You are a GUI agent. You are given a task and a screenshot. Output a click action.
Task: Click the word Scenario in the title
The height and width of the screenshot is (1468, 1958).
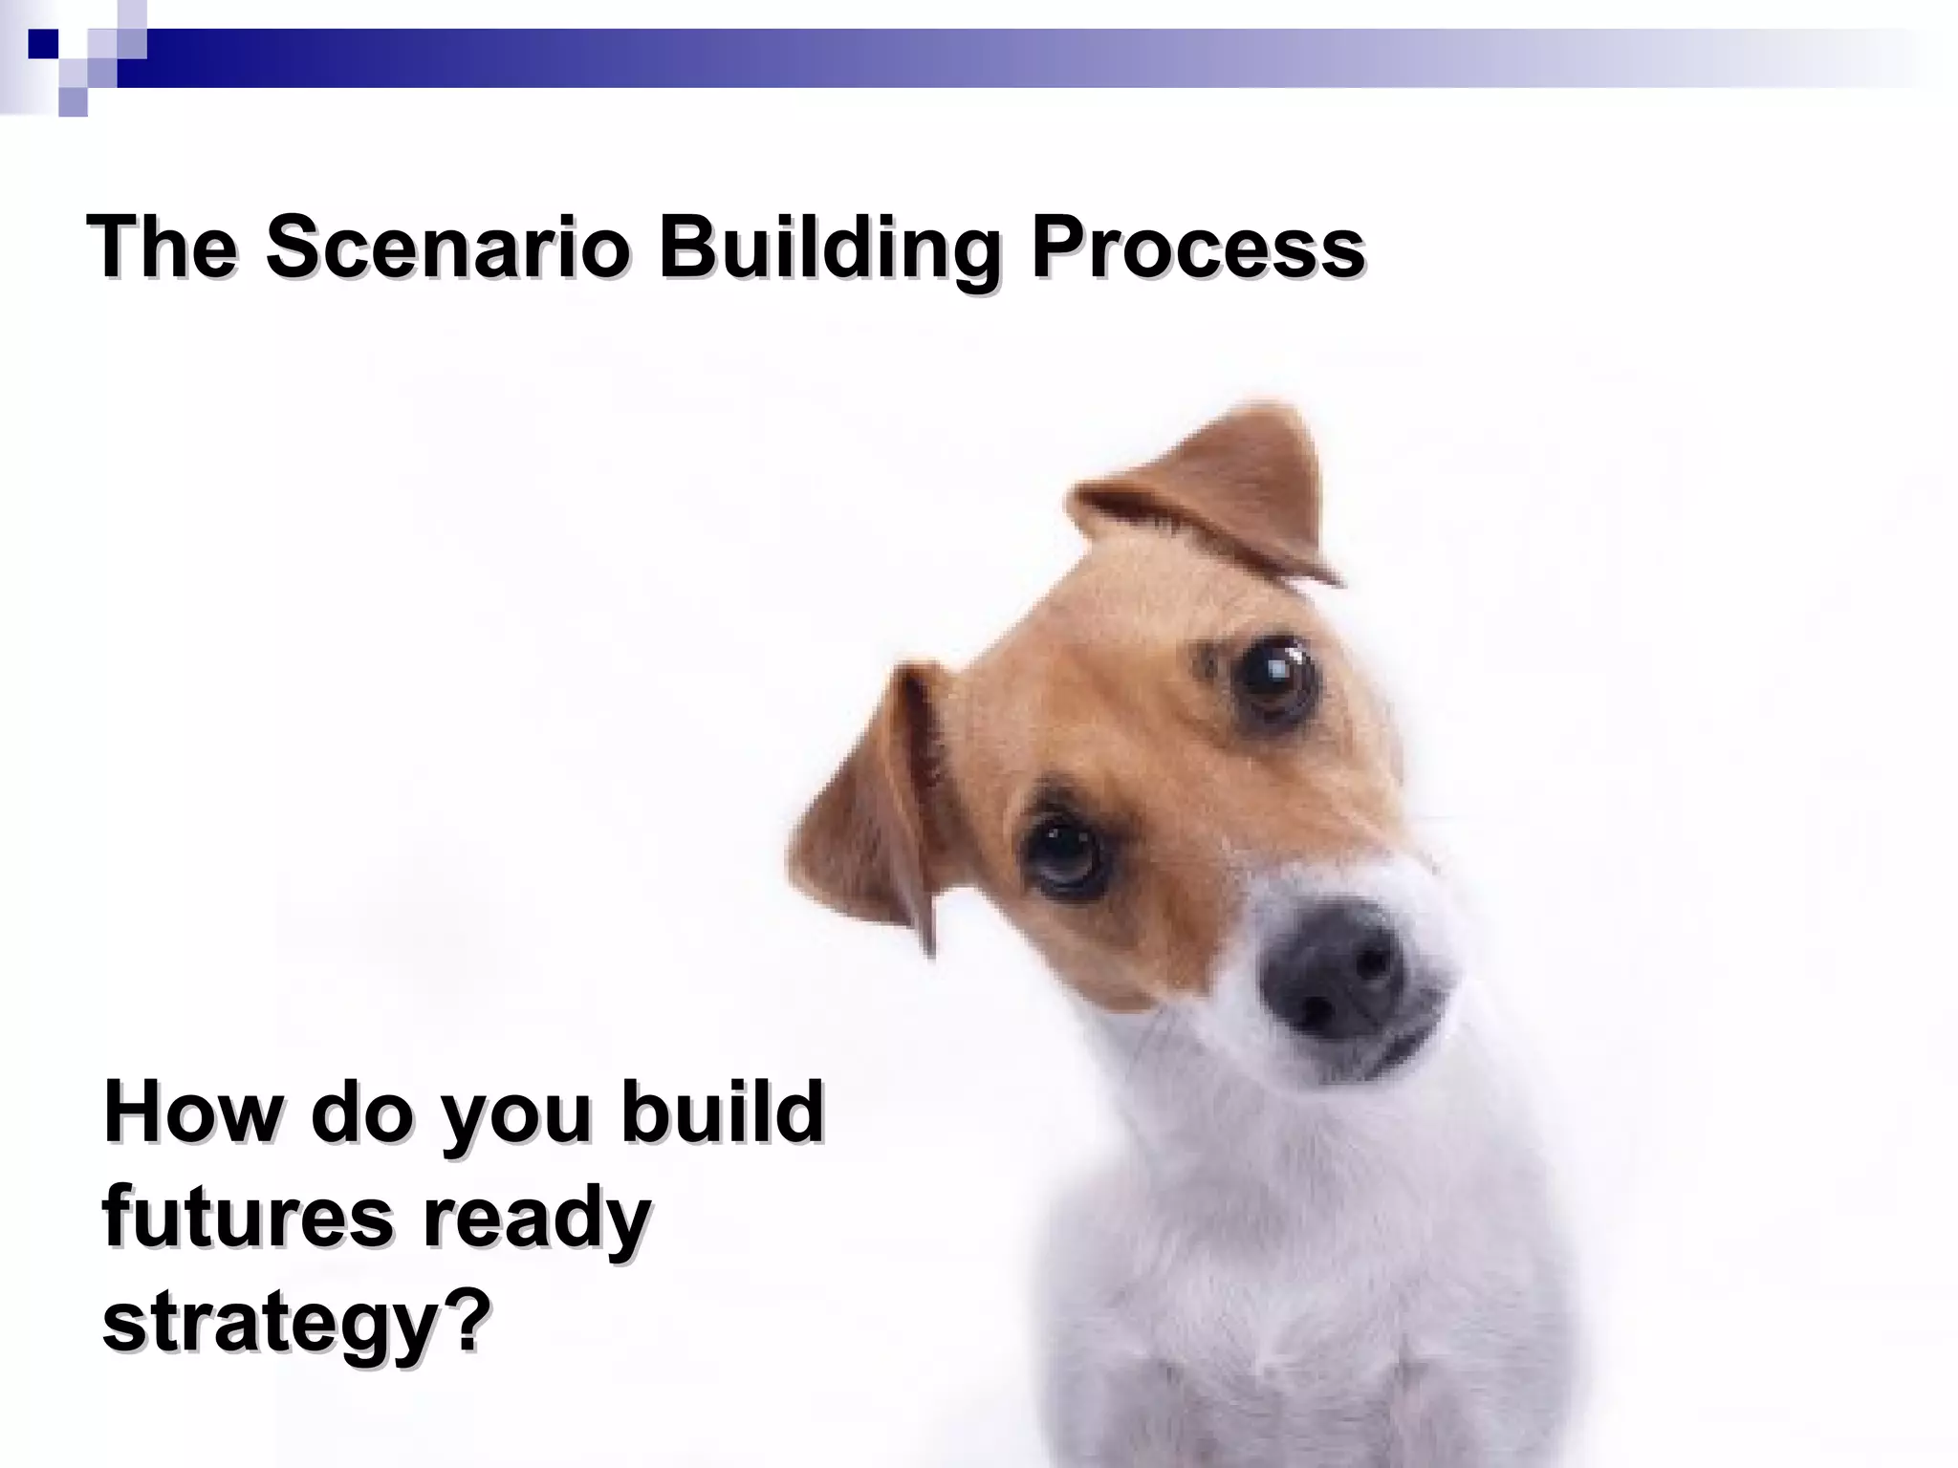(447, 247)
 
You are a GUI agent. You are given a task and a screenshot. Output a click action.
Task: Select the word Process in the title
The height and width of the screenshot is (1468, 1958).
(1198, 247)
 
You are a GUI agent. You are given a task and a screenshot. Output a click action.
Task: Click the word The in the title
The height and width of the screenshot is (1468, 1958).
(163, 247)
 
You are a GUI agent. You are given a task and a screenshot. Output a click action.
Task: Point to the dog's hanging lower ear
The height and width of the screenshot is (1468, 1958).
(875, 803)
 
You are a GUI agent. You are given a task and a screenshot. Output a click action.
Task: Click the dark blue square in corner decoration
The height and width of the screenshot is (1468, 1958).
(43, 43)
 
